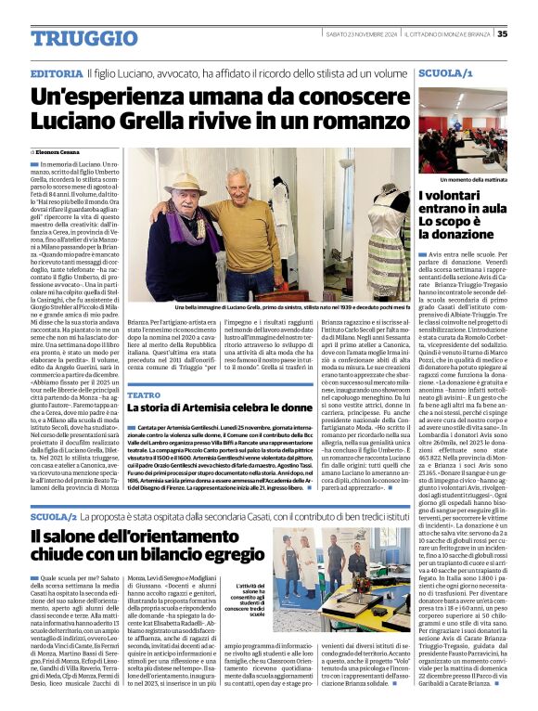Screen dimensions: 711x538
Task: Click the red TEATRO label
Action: pos(143,395)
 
